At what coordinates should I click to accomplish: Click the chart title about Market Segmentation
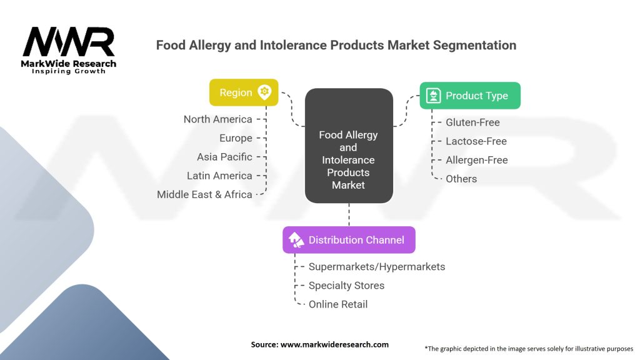point(336,45)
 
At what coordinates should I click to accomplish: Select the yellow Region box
point(243,92)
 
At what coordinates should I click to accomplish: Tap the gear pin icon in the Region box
point(264,92)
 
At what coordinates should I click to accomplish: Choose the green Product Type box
point(469,96)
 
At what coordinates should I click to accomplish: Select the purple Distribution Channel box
point(349,240)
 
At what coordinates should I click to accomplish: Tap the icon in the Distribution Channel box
point(296,240)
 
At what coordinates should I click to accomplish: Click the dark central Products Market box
point(348,146)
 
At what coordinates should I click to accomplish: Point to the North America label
point(217,119)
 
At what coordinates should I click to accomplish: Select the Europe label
point(236,138)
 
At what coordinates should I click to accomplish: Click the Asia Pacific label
point(224,157)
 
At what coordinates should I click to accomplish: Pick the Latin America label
point(219,176)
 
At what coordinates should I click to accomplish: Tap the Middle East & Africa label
point(204,194)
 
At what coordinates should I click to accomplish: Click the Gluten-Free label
point(472,122)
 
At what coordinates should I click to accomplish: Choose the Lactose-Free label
point(476,141)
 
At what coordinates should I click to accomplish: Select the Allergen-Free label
point(476,160)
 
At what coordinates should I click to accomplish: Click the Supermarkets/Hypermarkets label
point(377,267)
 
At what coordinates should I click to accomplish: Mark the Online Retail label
point(338,304)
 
